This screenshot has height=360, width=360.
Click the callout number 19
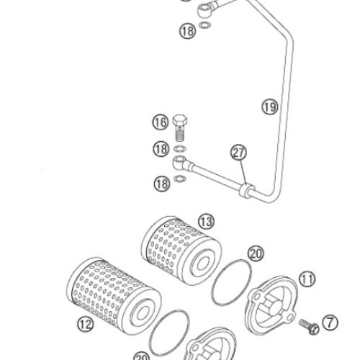click(270, 107)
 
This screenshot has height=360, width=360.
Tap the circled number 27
click(238, 153)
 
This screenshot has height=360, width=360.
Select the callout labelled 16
click(160, 122)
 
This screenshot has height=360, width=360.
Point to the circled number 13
click(207, 222)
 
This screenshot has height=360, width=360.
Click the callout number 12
click(86, 325)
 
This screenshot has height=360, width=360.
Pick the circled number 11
click(307, 279)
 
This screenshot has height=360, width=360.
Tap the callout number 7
click(330, 323)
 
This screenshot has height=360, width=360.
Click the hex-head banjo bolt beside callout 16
click(180, 128)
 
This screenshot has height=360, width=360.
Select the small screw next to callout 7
click(310, 327)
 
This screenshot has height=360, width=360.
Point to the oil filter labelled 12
click(114, 296)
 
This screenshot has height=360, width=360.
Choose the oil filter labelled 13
click(181, 251)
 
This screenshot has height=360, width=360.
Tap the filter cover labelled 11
click(271, 305)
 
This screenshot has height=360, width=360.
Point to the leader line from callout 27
click(243, 171)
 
